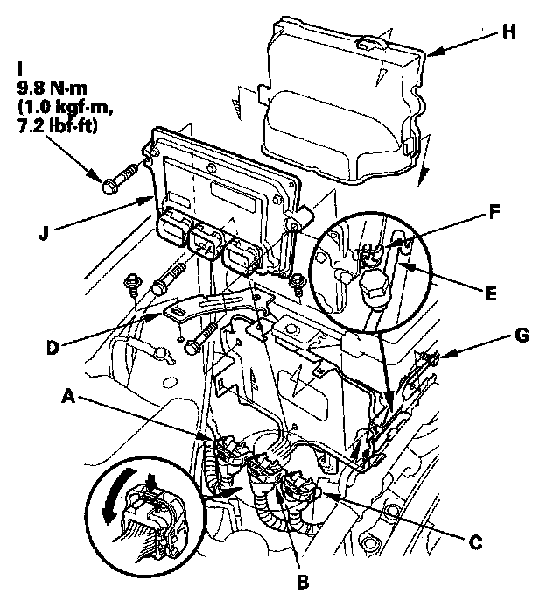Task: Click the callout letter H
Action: click(508, 32)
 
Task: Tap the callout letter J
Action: click(44, 232)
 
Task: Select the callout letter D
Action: click(53, 348)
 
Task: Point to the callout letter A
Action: click(68, 396)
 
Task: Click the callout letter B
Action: click(303, 583)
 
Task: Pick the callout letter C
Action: click(475, 542)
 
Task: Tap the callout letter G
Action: click(522, 335)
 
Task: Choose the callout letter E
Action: click(491, 293)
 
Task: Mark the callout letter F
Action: click(494, 212)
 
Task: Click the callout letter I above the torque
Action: click(20, 69)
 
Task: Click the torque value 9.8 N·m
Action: click(52, 88)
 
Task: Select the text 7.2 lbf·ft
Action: click(58, 126)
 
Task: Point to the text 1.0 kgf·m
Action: click(65, 107)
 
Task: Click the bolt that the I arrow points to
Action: click(120, 178)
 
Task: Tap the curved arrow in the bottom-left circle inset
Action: click(114, 496)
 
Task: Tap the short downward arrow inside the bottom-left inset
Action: click(151, 482)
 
